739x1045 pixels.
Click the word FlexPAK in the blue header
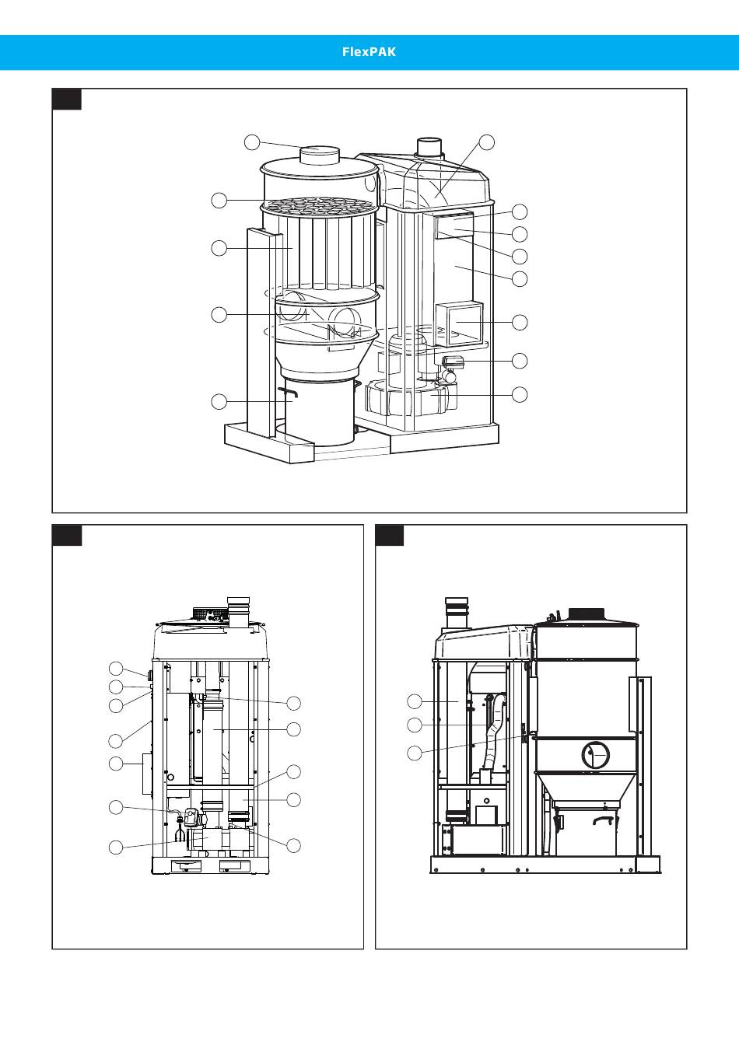tap(369, 52)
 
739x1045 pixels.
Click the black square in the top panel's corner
tap(67, 99)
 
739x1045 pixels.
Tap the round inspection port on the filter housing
tap(596, 755)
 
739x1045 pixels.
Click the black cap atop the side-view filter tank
tap(587, 613)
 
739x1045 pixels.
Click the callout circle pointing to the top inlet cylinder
tap(252, 142)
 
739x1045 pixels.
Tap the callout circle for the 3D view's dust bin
tap(219, 401)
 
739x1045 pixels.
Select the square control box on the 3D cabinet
tap(460, 323)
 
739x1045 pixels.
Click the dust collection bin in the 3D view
tap(320, 413)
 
